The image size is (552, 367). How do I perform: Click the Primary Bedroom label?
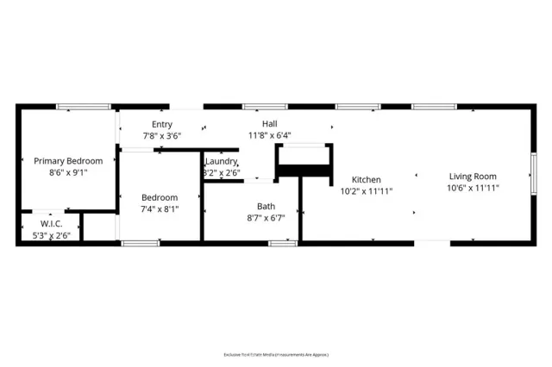pyautogui.click(x=68, y=161)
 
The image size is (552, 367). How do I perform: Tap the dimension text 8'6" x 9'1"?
pyautogui.click(x=68, y=171)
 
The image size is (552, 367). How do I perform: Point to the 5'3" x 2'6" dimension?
pyautogui.click(x=51, y=235)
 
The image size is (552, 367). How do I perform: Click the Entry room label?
pyautogui.click(x=161, y=125)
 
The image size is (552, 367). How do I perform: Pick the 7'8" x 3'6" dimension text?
pyautogui.click(x=162, y=135)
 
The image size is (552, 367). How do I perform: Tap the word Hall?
pyautogui.click(x=270, y=124)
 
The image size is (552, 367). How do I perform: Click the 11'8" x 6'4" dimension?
pyautogui.click(x=270, y=134)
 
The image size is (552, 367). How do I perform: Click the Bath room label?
pyautogui.click(x=266, y=206)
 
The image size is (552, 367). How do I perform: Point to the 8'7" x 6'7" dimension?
pyautogui.click(x=266, y=217)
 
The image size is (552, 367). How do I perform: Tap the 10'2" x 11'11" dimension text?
pyautogui.click(x=367, y=190)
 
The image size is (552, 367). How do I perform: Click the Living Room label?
pyautogui.click(x=473, y=177)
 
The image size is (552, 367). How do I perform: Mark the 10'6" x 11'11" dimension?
pyautogui.click(x=473, y=187)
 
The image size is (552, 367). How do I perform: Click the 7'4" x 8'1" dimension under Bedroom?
pyautogui.click(x=159, y=208)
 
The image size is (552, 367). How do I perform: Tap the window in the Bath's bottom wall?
pyautogui.click(x=282, y=244)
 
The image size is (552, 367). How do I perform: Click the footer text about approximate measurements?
pyautogui.click(x=275, y=353)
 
